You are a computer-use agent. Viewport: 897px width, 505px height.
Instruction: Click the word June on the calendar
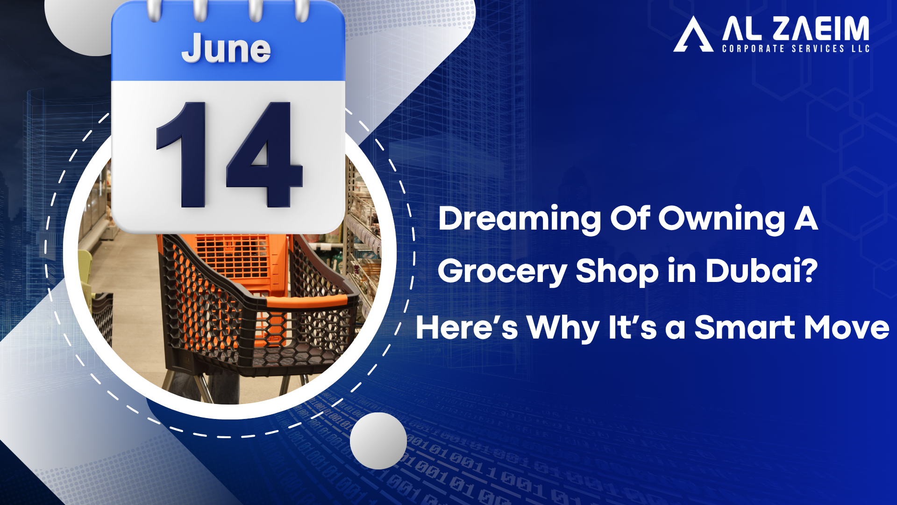pyautogui.click(x=226, y=48)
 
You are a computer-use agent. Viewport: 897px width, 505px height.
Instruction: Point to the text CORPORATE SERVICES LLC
pyautogui.click(x=796, y=49)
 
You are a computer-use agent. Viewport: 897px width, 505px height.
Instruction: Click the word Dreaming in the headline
pyautogui.click(x=520, y=219)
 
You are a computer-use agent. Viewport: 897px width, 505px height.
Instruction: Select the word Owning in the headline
pyautogui.click(x=722, y=219)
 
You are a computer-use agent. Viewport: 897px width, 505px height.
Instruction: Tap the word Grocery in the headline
pyautogui.click(x=502, y=272)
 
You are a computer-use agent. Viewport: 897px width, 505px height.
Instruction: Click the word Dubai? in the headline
pyautogui.click(x=762, y=271)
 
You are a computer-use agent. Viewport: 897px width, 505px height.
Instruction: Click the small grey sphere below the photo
pyautogui.click(x=378, y=441)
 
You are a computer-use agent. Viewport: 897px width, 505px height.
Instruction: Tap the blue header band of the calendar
pyautogui.click(x=228, y=49)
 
